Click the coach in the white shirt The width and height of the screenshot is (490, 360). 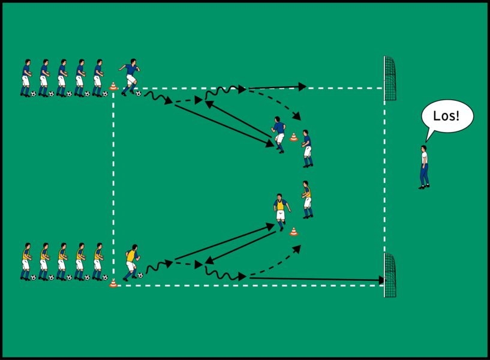tap(424, 166)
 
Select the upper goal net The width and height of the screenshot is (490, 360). tap(390, 78)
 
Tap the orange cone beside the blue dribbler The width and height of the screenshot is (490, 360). tap(113, 87)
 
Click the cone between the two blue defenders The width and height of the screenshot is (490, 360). tap(294, 137)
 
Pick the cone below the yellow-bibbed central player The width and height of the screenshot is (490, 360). tap(294, 231)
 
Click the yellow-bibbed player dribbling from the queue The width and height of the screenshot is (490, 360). tap(131, 262)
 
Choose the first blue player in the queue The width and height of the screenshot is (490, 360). tap(26, 78)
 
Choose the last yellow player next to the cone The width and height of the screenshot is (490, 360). tap(98, 262)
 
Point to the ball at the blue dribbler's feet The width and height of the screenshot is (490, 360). tap(138, 94)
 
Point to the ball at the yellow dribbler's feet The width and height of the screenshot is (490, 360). tap(140, 276)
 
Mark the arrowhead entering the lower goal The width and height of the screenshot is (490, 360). tap(381, 280)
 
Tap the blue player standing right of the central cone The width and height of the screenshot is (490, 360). tap(307, 148)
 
